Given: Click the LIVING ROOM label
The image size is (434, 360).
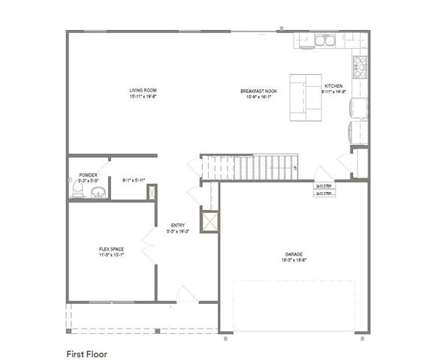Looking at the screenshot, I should [x=142, y=90].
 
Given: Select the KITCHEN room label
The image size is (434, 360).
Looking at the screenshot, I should [x=333, y=86].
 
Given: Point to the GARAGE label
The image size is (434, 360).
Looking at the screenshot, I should [x=293, y=253].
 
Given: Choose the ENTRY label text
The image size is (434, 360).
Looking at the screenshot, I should [x=178, y=225].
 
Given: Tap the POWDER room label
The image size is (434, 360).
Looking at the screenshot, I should [x=89, y=175].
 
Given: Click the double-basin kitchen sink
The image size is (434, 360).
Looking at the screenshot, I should [x=326, y=40].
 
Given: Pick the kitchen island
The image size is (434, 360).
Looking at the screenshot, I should [x=306, y=97].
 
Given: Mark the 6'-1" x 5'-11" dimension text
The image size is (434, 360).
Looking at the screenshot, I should [x=133, y=180].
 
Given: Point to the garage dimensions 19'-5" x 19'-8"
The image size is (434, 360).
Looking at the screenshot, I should [x=293, y=261].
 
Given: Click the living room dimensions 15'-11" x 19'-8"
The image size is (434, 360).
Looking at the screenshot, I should [x=142, y=96].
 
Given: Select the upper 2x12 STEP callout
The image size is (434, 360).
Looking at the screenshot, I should [x=324, y=185].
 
